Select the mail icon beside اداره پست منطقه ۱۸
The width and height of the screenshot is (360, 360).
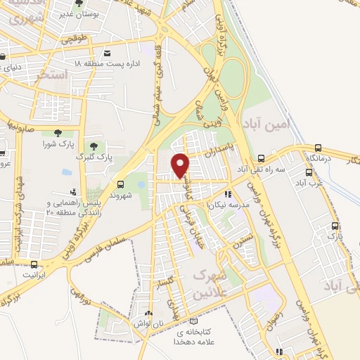point(107,53)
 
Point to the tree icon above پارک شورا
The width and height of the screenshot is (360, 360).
point(55,133)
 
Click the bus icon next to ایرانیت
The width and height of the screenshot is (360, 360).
point(34,265)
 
